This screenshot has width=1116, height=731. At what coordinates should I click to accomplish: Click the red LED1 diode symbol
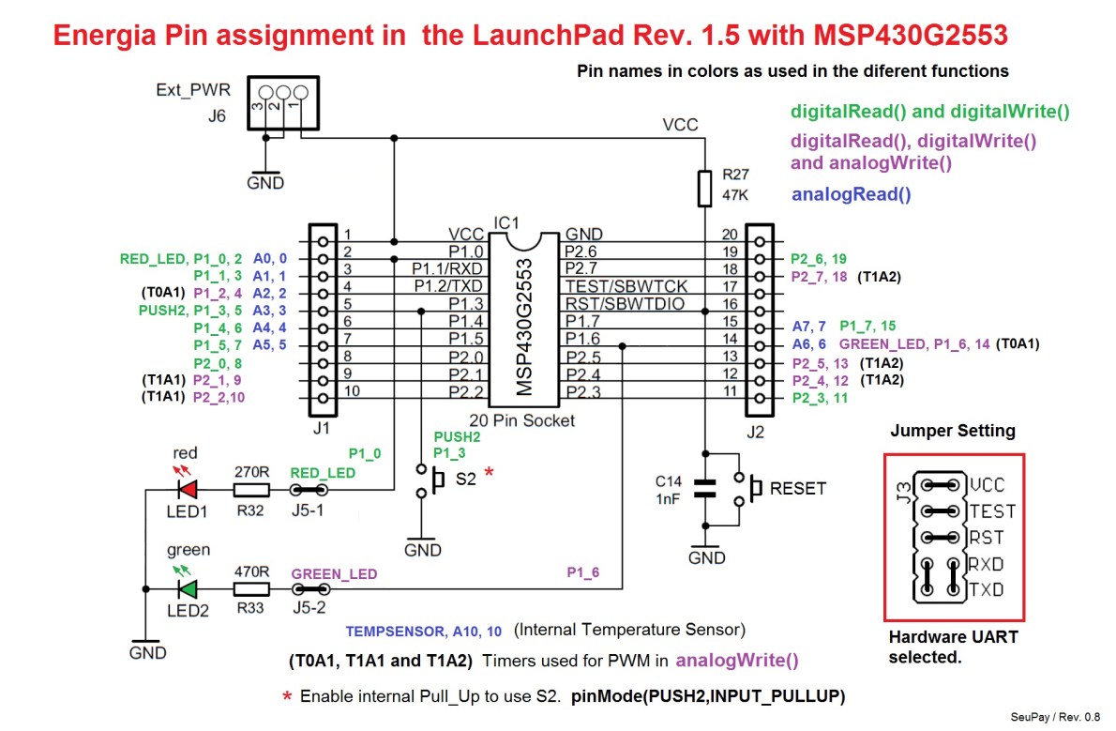point(188,489)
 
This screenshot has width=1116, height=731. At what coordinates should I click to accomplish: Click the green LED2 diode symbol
point(188,589)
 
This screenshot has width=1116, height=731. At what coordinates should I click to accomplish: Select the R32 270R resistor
point(250,489)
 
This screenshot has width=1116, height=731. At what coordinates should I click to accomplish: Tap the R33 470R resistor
point(250,589)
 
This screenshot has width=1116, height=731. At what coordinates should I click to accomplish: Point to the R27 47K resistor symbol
point(703,188)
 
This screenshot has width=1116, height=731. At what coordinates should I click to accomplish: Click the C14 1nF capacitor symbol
point(703,488)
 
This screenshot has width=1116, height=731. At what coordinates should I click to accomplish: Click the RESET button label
point(797,488)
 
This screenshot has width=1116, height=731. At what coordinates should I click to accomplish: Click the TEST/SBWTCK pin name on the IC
point(626,285)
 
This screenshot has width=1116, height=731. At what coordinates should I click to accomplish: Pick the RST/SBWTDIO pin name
point(626,303)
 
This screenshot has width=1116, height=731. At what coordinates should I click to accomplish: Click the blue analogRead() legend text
point(852,195)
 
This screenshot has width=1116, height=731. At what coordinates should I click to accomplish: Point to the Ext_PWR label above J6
point(192,91)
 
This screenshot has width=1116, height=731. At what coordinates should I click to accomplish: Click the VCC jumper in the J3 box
point(941,485)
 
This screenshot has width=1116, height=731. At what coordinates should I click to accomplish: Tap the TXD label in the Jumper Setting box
point(986,590)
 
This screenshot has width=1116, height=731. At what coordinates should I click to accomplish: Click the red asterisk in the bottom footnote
point(287,696)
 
